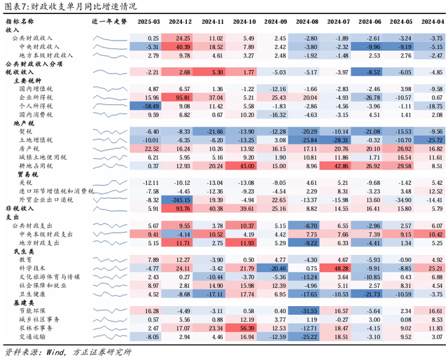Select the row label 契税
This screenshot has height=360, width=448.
tap(27, 131)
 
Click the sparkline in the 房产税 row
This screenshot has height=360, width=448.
tap(110, 148)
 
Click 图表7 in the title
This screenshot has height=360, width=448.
tap(15, 6)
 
